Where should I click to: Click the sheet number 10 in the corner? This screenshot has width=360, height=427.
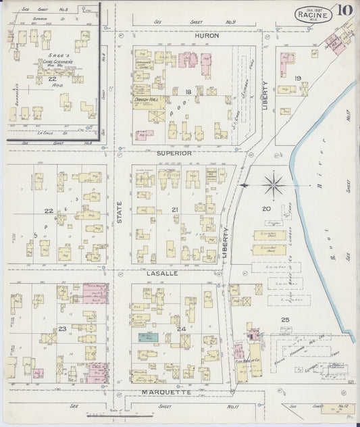coord(344,11)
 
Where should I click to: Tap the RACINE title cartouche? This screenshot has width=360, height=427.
coord(311,13)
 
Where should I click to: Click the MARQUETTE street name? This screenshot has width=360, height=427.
coord(167,392)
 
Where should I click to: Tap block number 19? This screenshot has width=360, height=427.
coord(297,78)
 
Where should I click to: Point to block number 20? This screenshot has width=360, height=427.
coord(266,209)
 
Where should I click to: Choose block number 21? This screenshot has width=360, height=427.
coord(174,210)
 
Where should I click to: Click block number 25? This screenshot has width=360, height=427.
coord(285,319)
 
